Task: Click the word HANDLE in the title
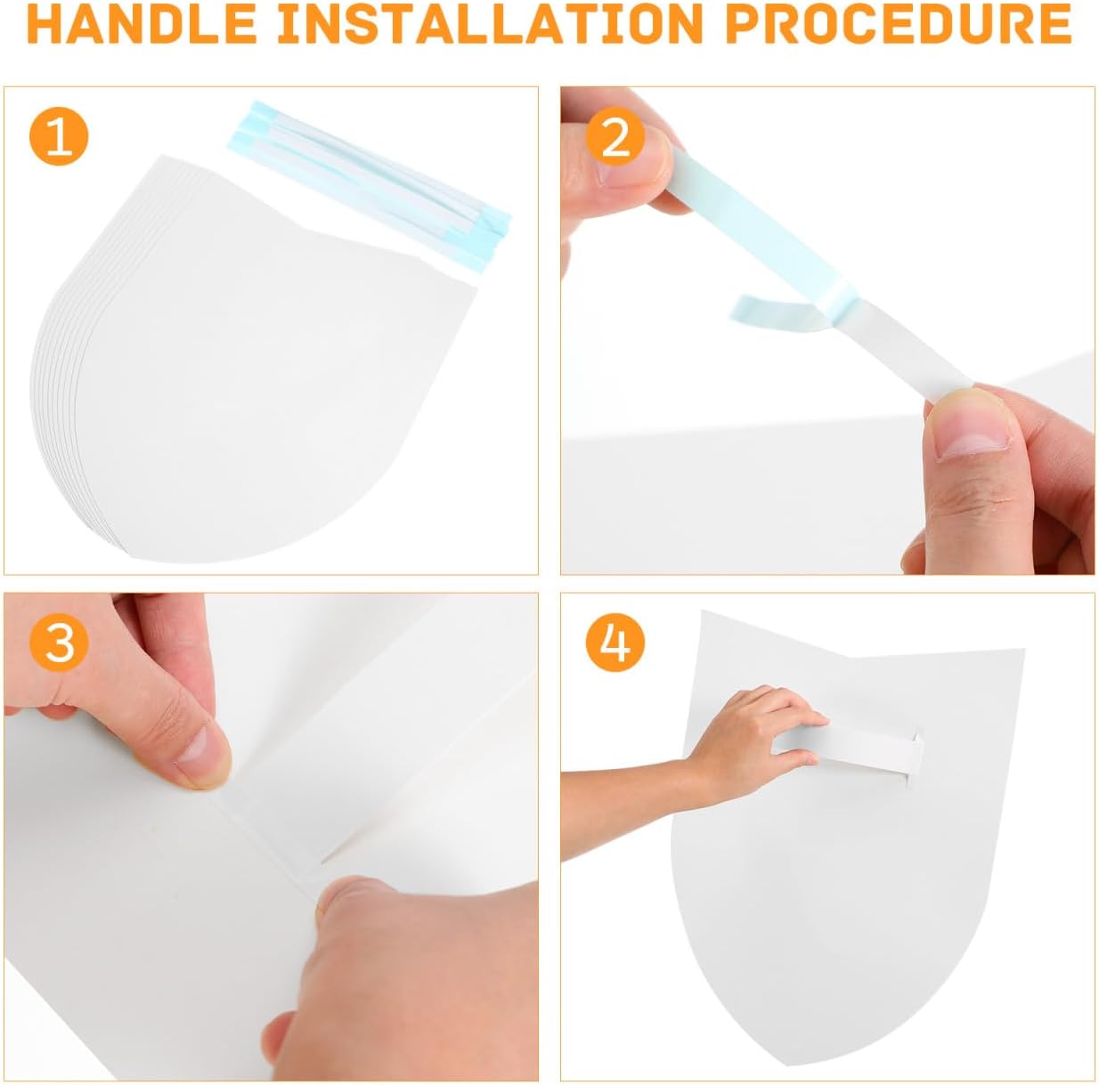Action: pyautogui.click(x=142, y=23)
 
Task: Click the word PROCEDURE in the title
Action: pyautogui.click(x=898, y=23)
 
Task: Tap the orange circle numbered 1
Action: pyautogui.click(x=60, y=138)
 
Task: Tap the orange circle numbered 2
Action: pyautogui.click(x=615, y=138)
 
